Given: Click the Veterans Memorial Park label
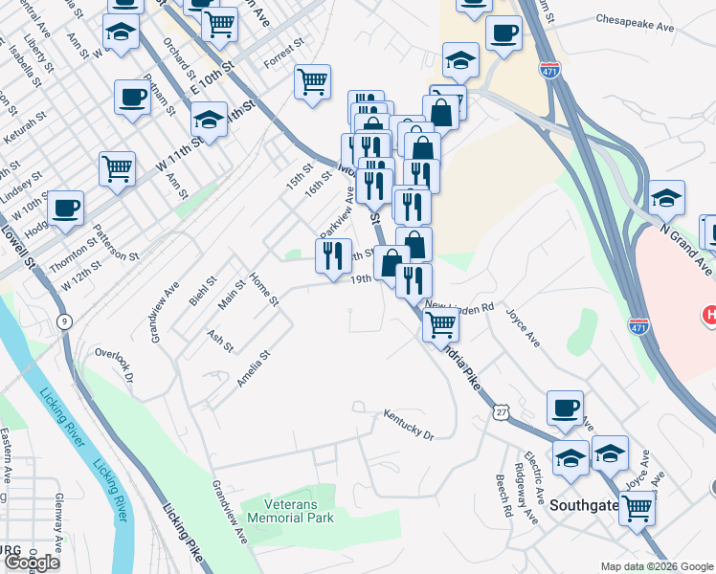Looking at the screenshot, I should tap(290, 510).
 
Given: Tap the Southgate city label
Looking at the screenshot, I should tap(586, 501).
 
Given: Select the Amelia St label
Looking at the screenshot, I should tap(255, 368).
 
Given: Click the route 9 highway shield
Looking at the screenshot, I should tap(63, 321).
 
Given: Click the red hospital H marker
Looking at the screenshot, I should tap(709, 314).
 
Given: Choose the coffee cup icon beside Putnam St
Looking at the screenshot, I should tap(131, 96).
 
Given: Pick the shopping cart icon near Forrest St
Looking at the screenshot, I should tap(313, 82).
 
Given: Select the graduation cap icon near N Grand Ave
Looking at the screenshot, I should tap(667, 197).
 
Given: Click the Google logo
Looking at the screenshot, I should tap(32, 563).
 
